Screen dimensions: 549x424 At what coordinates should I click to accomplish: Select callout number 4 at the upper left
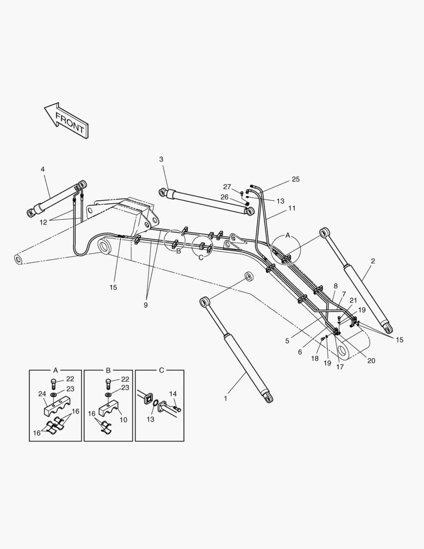(43, 169)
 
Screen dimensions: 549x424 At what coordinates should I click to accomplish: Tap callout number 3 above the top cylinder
(161, 159)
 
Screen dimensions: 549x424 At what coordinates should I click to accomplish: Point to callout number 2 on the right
(373, 261)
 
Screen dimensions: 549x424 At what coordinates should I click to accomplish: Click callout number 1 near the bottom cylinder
(225, 399)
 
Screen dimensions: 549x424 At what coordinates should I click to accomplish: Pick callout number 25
(296, 179)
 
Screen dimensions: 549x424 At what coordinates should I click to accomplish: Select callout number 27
(227, 187)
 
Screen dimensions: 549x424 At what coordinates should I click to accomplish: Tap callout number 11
(292, 208)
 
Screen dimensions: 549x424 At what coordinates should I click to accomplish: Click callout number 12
(43, 222)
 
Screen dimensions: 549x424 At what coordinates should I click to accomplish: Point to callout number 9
(145, 305)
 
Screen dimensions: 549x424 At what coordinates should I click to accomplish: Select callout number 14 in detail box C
(173, 393)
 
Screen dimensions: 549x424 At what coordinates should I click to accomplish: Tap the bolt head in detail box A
(54, 382)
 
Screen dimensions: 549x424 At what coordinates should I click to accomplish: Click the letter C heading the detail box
(161, 370)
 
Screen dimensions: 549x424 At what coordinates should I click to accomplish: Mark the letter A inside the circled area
(287, 235)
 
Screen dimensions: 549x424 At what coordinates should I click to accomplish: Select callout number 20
(371, 361)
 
